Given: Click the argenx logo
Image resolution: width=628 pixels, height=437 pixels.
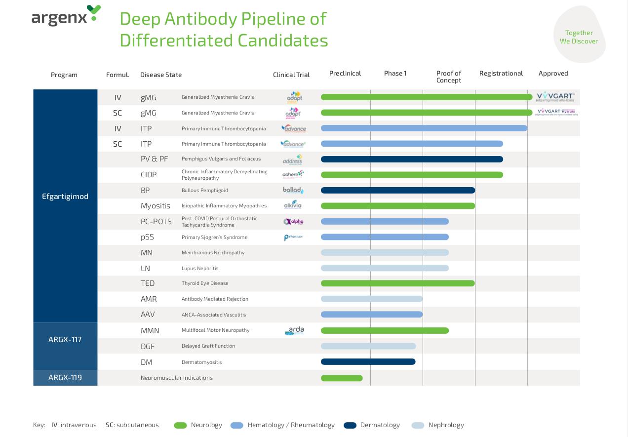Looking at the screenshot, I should (66, 16).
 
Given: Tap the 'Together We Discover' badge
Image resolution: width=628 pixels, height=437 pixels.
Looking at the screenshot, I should (579, 37).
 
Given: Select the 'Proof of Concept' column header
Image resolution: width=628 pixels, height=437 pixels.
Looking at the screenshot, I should (448, 77).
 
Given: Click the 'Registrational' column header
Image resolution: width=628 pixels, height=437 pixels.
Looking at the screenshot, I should (501, 73).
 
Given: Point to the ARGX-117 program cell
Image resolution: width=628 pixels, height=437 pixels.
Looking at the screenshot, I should (65, 340).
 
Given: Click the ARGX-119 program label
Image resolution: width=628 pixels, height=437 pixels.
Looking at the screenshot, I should (65, 378).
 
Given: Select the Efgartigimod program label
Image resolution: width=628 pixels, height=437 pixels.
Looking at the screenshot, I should (65, 197).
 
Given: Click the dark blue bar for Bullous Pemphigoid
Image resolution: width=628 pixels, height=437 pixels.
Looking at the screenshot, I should (397, 191).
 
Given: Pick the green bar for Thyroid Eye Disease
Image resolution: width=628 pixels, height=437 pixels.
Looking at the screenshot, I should (397, 283).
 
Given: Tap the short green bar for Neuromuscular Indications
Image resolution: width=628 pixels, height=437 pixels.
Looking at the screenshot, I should (342, 378).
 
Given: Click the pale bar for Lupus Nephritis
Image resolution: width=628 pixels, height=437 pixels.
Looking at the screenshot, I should (385, 268).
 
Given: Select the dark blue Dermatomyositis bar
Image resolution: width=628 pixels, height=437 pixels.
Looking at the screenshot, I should (368, 362).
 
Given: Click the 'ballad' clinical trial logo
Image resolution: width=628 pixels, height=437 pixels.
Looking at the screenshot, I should (293, 190).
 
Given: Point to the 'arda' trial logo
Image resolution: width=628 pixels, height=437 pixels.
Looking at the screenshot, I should (294, 330).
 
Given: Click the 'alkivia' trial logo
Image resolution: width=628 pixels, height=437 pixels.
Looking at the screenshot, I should (293, 205).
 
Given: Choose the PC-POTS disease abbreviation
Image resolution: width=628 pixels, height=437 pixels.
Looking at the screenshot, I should (156, 222).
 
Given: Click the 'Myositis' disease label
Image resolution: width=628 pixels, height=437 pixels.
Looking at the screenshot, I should (155, 206).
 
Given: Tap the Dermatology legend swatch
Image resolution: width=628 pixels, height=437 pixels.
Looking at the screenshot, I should (350, 425).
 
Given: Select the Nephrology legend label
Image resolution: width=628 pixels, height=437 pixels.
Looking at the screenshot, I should (446, 425).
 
